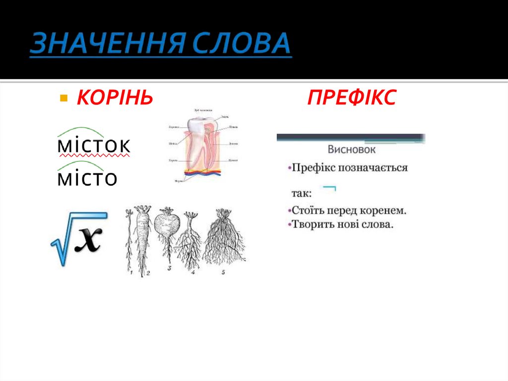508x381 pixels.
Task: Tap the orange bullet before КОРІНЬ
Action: (x=63, y=97)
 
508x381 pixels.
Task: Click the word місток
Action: (x=94, y=147)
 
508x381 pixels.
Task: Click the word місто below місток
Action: (x=87, y=178)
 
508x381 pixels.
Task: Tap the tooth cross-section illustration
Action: (x=203, y=147)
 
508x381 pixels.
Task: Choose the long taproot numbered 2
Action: (x=144, y=238)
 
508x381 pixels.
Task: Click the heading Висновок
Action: (x=351, y=149)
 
